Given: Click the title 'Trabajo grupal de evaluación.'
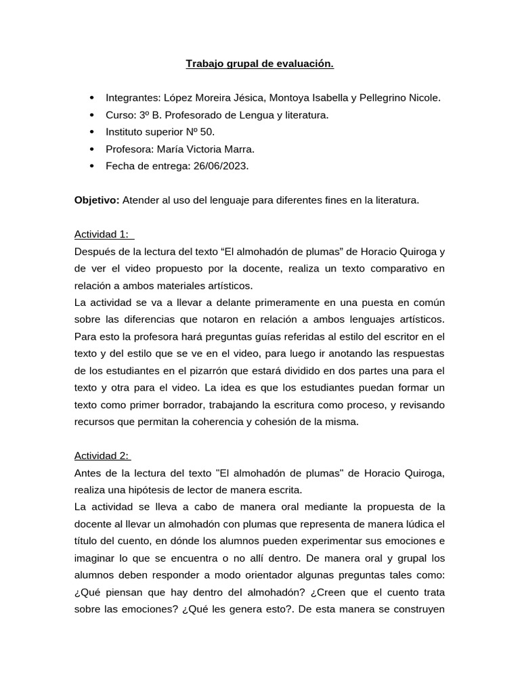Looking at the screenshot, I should pos(260,64).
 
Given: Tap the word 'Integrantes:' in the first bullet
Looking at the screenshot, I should pos(132,98).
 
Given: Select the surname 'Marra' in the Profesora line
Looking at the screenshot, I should pos(240,149).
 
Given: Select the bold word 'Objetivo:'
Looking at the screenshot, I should pos(96,200).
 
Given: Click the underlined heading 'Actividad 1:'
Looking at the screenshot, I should pos(102,234).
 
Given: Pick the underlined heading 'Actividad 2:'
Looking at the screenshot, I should pos(102,455).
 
